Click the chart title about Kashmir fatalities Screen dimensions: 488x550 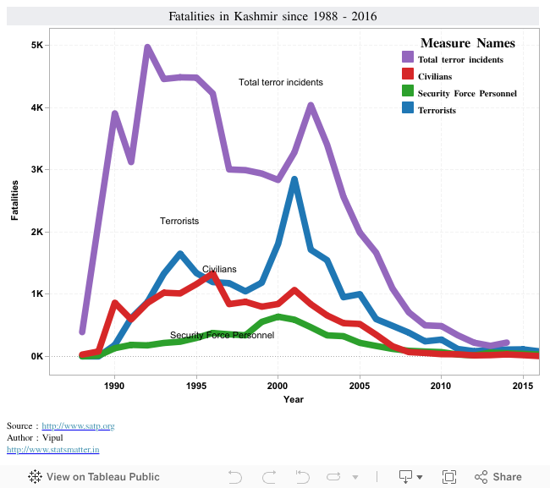point(272,17)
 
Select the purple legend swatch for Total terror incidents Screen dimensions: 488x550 point(408,58)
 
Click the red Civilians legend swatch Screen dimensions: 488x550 point(408,76)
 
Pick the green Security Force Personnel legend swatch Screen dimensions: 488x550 point(408,93)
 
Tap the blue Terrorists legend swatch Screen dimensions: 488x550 point(408,110)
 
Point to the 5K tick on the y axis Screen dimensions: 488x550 point(37,46)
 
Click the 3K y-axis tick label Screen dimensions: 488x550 point(37,170)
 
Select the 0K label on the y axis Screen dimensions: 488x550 point(37,357)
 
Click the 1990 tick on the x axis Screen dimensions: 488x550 point(116,386)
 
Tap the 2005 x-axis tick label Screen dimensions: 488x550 point(360,386)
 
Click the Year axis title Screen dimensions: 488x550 point(294,399)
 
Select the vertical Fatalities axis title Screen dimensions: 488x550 point(14,200)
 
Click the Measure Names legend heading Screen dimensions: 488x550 point(467,43)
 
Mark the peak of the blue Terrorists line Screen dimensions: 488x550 point(294,179)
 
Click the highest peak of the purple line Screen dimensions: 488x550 point(148,48)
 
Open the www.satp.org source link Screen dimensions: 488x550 point(78,425)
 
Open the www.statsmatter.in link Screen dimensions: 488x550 point(52,449)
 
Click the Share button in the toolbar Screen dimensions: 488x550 point(498,476)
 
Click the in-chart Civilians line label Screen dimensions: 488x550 point(219,269)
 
